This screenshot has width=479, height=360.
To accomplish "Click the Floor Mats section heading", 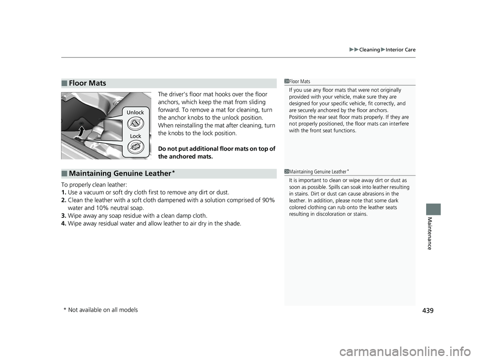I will pos(88,83).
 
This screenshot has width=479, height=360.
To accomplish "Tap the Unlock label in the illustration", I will pos(135,112).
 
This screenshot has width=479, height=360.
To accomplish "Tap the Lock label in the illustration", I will pos(135,136).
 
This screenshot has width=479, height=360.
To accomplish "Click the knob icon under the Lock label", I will pos(135,147).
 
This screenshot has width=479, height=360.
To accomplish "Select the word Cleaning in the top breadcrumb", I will pos(369,49).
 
